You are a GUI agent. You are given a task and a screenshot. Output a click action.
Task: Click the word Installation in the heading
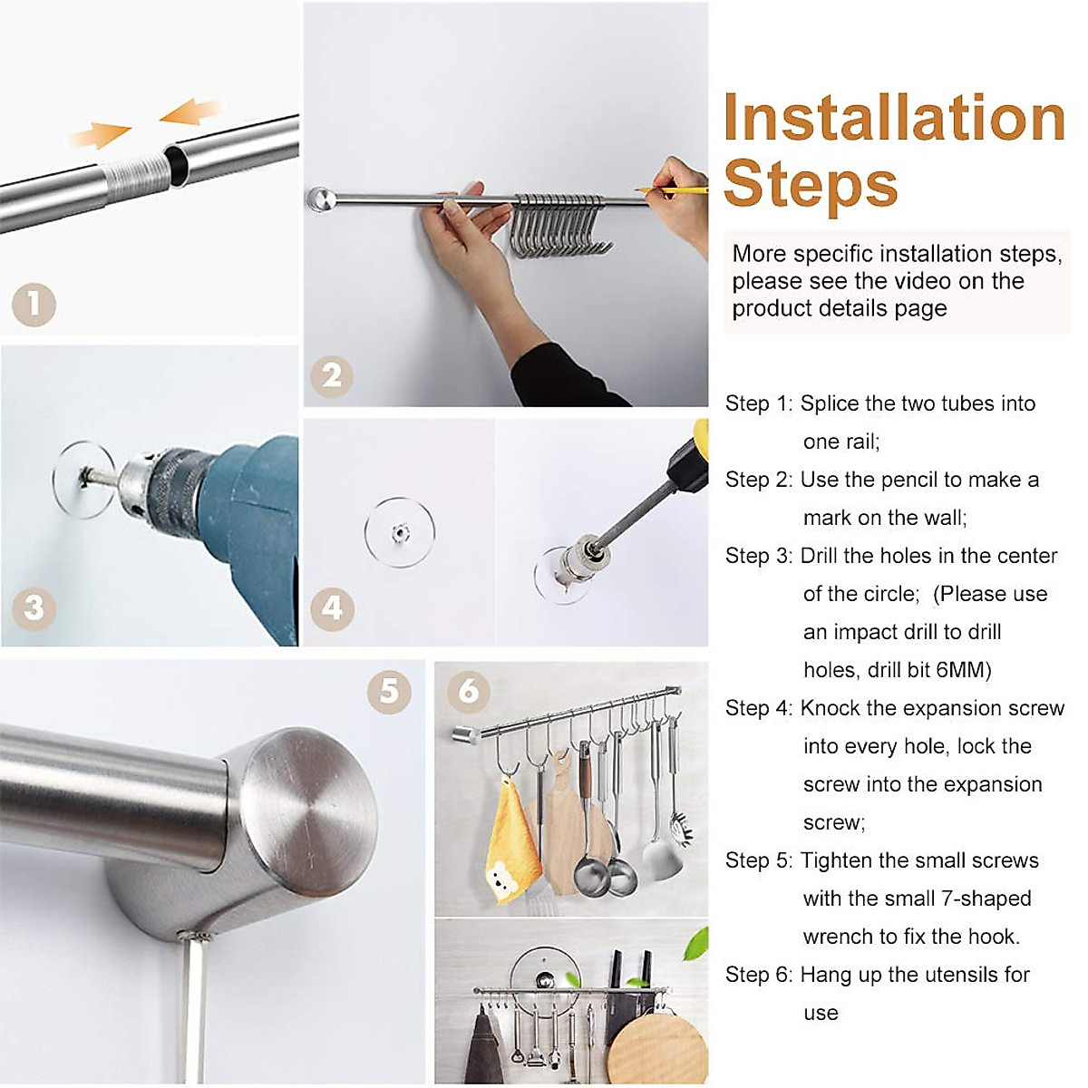[894, 119]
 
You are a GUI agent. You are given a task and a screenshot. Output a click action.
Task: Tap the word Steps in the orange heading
[811, 184]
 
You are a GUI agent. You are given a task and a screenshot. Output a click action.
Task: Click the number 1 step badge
[34, 305]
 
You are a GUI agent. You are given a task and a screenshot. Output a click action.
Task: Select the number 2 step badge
[331, 374]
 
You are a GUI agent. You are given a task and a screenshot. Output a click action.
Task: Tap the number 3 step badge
[34, 607]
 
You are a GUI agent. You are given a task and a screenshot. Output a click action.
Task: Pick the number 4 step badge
[332, 607]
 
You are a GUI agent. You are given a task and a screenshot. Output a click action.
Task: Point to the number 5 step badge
[389, 691]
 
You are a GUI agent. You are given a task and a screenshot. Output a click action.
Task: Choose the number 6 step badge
[469, 691]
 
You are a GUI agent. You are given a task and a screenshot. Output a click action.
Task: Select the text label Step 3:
[758, 556]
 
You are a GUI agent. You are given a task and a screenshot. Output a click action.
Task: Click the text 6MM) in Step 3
[964, 670]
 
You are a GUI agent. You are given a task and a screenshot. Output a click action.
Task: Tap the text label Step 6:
[758, 975]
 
